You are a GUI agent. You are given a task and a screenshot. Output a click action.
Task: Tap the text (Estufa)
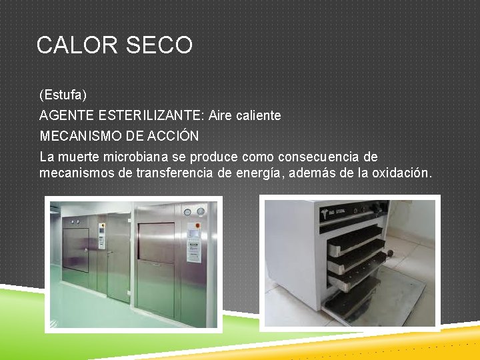click(x=63, y=95)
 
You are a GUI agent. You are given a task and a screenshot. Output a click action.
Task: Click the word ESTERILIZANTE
click(x=151, y=115)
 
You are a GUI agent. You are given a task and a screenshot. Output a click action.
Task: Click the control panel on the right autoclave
click(x=194, y=233)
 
